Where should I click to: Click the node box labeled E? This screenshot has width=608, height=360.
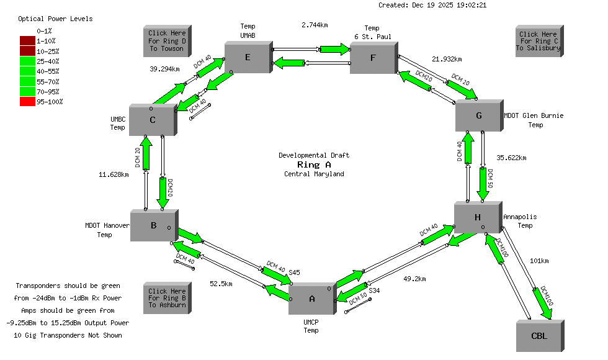[248, 58]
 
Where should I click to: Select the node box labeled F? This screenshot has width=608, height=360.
[373, 58]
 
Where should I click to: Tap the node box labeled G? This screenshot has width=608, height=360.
[478, 116]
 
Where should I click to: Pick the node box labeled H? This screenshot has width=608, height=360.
[477, 217]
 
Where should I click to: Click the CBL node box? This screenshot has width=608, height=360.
[539, 336]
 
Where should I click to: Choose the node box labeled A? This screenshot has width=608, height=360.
[311, 299]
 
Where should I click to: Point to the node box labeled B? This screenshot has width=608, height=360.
[153, 226]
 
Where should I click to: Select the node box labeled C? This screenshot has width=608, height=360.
[152, 120]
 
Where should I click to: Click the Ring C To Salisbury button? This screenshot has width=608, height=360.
[538, 41]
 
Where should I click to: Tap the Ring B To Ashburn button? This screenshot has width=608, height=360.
[167, 298]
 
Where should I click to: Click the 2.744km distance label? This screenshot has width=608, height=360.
[315, 25]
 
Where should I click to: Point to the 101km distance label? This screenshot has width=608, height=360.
[539, 261]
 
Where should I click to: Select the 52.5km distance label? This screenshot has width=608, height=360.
[221, 284]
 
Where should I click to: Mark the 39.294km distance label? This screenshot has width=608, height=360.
[165, 69]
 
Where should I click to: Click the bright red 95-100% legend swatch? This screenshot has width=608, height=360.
[27, 101]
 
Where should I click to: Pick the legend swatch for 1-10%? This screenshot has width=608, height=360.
[27, 40]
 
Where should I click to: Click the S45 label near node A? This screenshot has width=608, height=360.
[294, 272]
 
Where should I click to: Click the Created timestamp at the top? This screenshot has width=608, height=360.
[432, 5]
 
